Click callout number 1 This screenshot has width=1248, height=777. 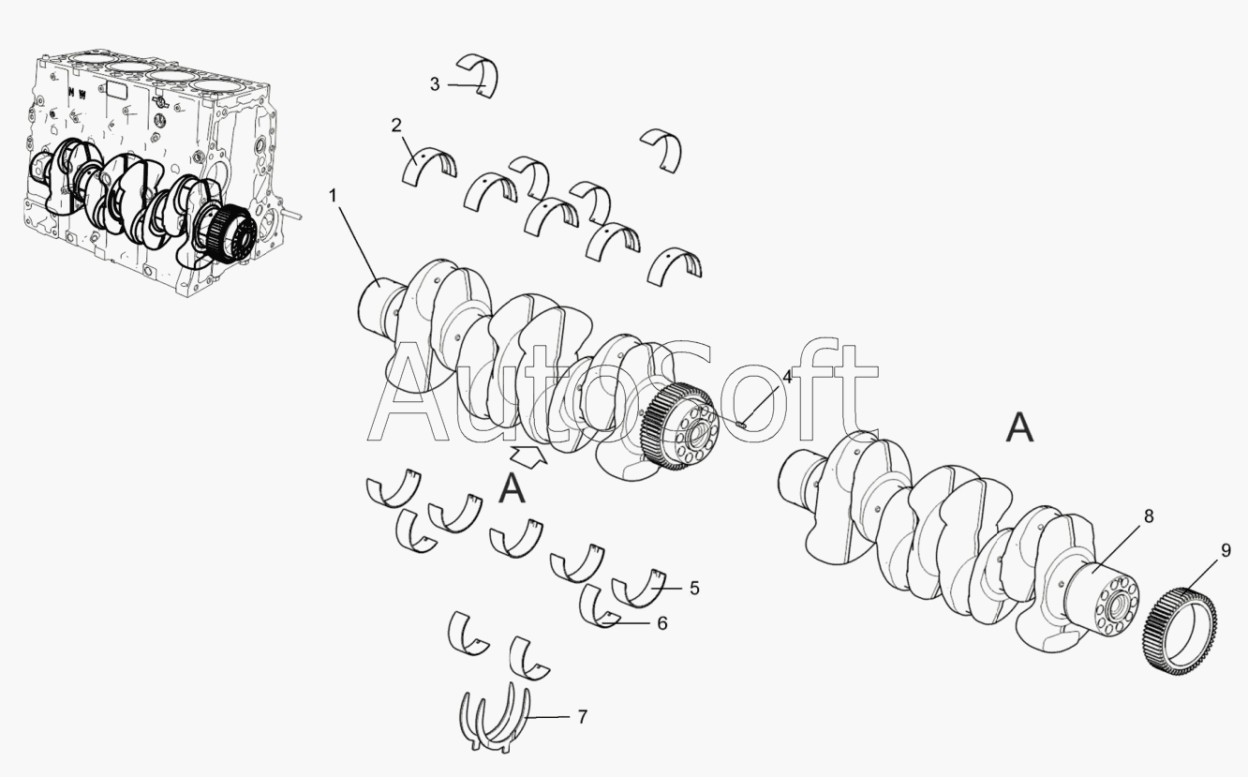(x=334, y=196)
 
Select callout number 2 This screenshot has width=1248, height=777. (x=396, y=126)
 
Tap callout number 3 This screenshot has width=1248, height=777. (x=435, y=84)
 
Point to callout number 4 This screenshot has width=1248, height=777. (x=787, y=377)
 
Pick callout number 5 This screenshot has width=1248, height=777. (x=694, y=588)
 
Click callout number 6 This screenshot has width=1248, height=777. (x=662, y=623)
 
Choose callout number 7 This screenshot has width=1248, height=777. (x=582, y=717)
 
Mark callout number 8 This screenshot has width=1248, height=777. (x=1149, y=516)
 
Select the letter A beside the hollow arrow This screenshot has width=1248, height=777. (x=512, y=488)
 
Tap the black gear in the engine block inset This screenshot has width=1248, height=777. (x=231, y=234)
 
